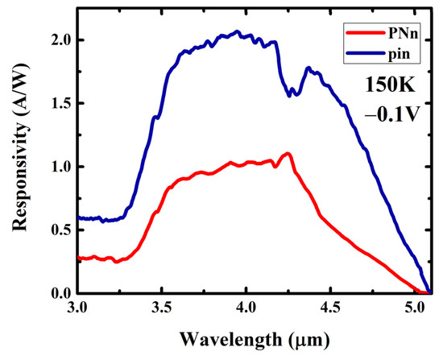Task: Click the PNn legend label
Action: coord(403,34)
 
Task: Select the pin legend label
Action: coord(399,53)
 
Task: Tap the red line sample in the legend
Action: coord(366,33)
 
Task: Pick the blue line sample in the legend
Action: coord(366,52)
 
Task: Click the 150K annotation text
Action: coord(390,85)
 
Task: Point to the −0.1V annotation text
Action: coord(391,114)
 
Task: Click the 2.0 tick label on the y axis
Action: coord(60,40)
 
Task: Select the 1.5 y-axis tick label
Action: coord(60,103)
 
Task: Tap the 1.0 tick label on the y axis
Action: coord(60,167)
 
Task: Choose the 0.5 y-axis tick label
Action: coord(60,230)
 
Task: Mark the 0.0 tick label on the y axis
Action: coord(60,293)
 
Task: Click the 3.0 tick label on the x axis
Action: coord(77,308)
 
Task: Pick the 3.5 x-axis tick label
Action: coord(161,308)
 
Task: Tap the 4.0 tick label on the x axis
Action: coord(246,308)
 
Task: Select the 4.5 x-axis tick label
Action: coord(330,308)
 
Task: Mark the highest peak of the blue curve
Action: coord(237,31)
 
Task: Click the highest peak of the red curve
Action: coord(288,154)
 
